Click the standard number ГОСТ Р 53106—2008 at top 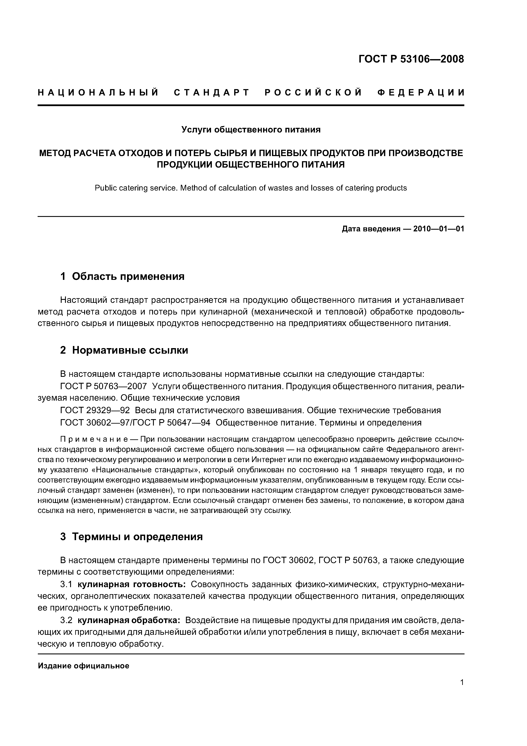411,59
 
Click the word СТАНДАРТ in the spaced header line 212,93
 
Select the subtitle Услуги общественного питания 251,130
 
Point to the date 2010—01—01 438,229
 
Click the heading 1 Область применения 122,276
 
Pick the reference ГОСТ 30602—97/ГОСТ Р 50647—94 135,422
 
